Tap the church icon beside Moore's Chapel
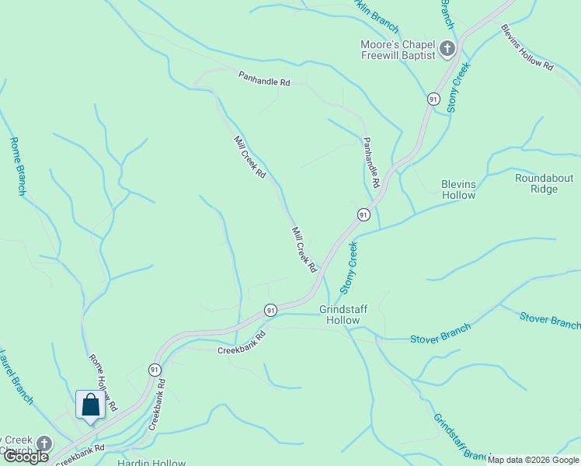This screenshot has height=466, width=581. pyautogui.click(x=447, y=50)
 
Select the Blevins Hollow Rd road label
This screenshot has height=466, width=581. pyautogui.click(x=527, y=49)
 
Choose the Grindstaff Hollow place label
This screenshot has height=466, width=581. pyautogui.click(x=343, y=314)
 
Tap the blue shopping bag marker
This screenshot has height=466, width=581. pyautogui.click(x=90, y=405)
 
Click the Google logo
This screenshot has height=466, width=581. pyautogui.click(x=25, y=457)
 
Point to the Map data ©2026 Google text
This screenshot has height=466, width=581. pyautogui.click(x=532, y=460)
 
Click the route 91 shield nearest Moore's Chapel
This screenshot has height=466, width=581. pyautogui.click(x=433, y=99)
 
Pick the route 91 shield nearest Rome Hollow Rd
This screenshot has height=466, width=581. pyautogui.click(x=155, y=369)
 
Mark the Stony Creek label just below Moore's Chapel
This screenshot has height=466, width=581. pyautogui.click(x=461, y=88)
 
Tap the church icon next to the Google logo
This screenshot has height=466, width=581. pyautogui.click(x=44, y=443)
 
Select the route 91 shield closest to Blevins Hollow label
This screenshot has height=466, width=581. pyautogui.click(x=363, y=214)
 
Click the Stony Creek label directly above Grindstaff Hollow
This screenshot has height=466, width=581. pyautogui.click(x=352, y=266)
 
